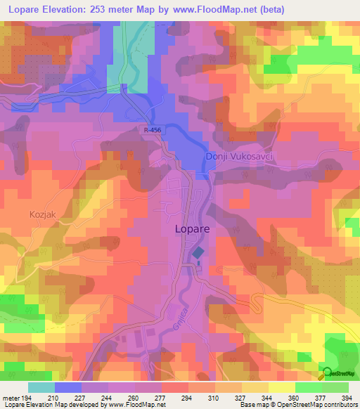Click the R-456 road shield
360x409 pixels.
pyautogui.click(x=148, y=131)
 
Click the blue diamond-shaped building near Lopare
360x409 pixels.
pyautogui.click(x=199, y=252)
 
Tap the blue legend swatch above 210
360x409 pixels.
pyautogui.click(x=67, y=387)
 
